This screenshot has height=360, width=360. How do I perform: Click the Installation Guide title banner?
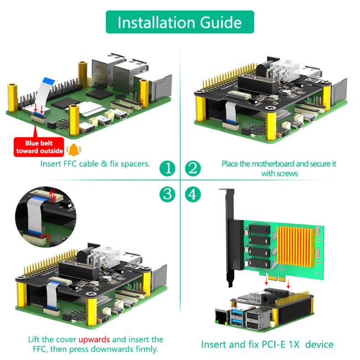[x=179, y=22]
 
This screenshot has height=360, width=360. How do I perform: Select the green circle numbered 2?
[x=192, y=168]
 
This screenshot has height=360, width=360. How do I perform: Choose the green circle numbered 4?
[x=192, y=194]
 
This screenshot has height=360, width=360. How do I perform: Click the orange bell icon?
[x=72, y=150]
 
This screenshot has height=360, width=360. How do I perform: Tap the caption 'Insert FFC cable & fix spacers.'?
[x=95, y=164]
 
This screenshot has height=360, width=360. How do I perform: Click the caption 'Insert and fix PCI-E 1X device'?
[x=267, y=344]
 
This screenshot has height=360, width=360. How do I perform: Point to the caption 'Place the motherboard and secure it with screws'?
[x=279, y=168]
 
